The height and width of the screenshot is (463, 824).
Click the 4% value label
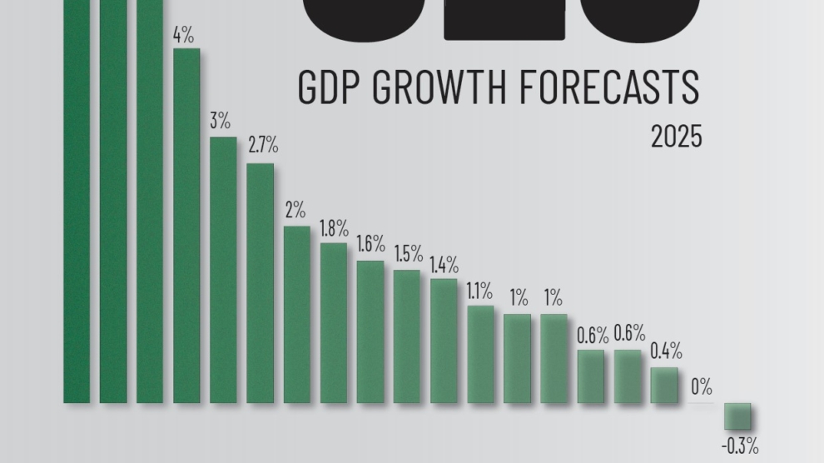click(x=183, y=37)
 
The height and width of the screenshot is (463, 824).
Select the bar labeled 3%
click(x=223, y=270)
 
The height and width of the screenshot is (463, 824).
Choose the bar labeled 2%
click(x=296, y=315)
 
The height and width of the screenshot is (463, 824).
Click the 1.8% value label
click(x=334, y=227)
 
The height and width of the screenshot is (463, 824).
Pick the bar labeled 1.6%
click(x=370, y=332)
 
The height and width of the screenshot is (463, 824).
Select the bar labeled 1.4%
click(x=444, y=341)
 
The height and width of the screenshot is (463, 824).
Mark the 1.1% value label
click(x=480, y=291)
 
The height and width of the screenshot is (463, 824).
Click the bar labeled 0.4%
click(x=664, y=386)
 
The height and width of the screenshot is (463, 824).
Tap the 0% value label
click(x=702, y=386)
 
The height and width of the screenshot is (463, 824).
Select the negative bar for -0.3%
click(x=737, y=416)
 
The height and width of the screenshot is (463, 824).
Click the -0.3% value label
click(x=738, y=446)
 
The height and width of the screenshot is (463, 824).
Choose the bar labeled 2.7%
click(x=260, y=283)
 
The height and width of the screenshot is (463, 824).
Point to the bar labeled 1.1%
click(x=480, y=355)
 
